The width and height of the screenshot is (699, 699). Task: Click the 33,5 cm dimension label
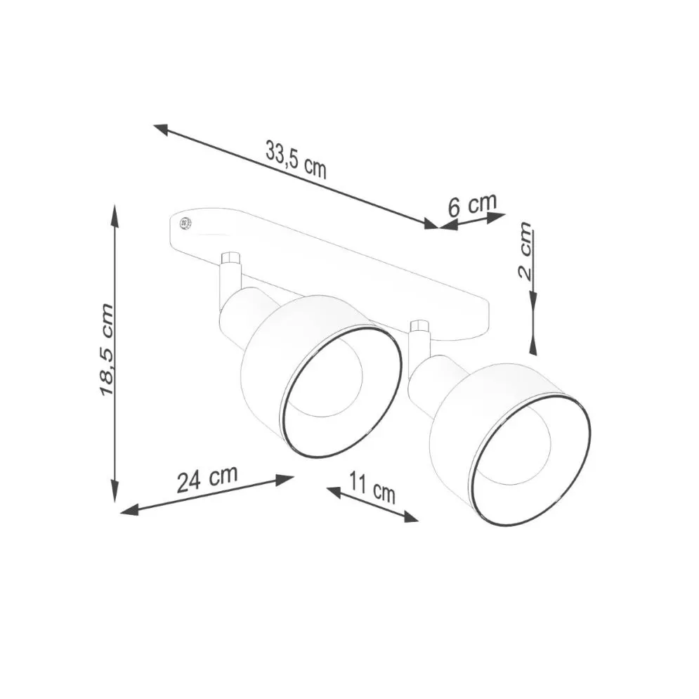click(296, 159)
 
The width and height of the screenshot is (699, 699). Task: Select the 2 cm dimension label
click(525, 251)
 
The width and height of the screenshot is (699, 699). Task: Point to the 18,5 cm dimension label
click(106, 349)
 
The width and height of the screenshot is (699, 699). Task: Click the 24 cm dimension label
click(207, 479)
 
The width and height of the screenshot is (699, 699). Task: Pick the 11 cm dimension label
click(372, 488)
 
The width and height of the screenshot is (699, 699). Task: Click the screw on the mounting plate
click(185, 223)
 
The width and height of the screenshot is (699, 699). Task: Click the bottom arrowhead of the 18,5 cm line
click(115, 490)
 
